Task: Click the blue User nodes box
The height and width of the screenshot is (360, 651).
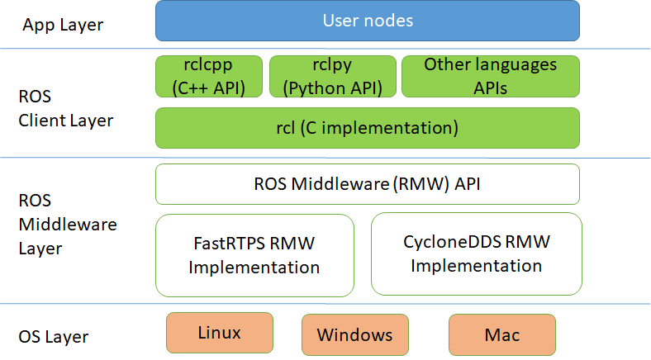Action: pyautogui.click(x=367, y=21)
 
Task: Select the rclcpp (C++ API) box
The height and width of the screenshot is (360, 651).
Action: pyautogui.click(x=209, y=76)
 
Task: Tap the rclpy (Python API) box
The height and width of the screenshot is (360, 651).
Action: pyautogui.click(x=331, y=76)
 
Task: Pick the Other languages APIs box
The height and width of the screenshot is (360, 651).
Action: pyautogui.click(x=490, y=76)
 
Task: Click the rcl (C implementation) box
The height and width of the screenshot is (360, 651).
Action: pyautogui.click(x=367, y=128)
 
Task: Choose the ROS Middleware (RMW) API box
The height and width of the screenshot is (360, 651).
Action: pyautogui.click(x=367, y=184)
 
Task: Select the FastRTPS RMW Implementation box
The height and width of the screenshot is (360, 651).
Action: pyautogui.click(x=254, y=255)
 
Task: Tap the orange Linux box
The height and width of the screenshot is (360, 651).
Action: pyautogui.click(x=220, y=333)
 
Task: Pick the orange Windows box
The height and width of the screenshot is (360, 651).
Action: pyautogui.click(x=354, y=335)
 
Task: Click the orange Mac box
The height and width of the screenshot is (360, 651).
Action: pyautogui.click(x=502, y=335)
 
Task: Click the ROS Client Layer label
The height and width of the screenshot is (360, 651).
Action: pyautogui.click(x=64, y=109)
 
